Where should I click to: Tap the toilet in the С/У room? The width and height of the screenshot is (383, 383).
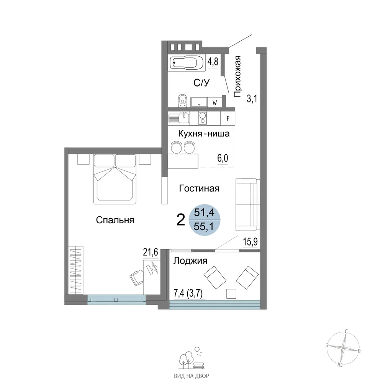[x=182, y=100]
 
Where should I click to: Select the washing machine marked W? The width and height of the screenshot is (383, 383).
[x=215, y=102]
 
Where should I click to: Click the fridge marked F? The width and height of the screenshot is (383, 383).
[x=228, y=118]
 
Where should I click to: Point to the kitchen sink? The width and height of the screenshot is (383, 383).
[x=178, y=118]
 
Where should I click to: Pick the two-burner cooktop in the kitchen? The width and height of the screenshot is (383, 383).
[x=203, y=118]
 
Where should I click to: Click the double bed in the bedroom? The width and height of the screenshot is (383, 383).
[x=115, y=179]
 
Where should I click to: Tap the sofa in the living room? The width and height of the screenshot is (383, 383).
[x=247, y=205]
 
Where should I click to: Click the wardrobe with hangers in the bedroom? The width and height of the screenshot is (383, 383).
[x=76, y=270]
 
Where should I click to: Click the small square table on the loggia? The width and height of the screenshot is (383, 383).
[x=231, y=294]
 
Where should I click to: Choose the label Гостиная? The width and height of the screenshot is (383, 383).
[x=199, y=188]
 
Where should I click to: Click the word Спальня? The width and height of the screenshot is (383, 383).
[x=115, y=220]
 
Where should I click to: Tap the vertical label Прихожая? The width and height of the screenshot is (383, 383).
[x=237, y=76]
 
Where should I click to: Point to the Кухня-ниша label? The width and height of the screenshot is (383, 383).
[x=204, y=134]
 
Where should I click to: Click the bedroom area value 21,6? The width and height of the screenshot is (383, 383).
[x=151, y=252]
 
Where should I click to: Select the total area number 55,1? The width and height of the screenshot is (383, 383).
[x=204, y=227]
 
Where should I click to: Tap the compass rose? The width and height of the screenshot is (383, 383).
[x=343, y=348]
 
